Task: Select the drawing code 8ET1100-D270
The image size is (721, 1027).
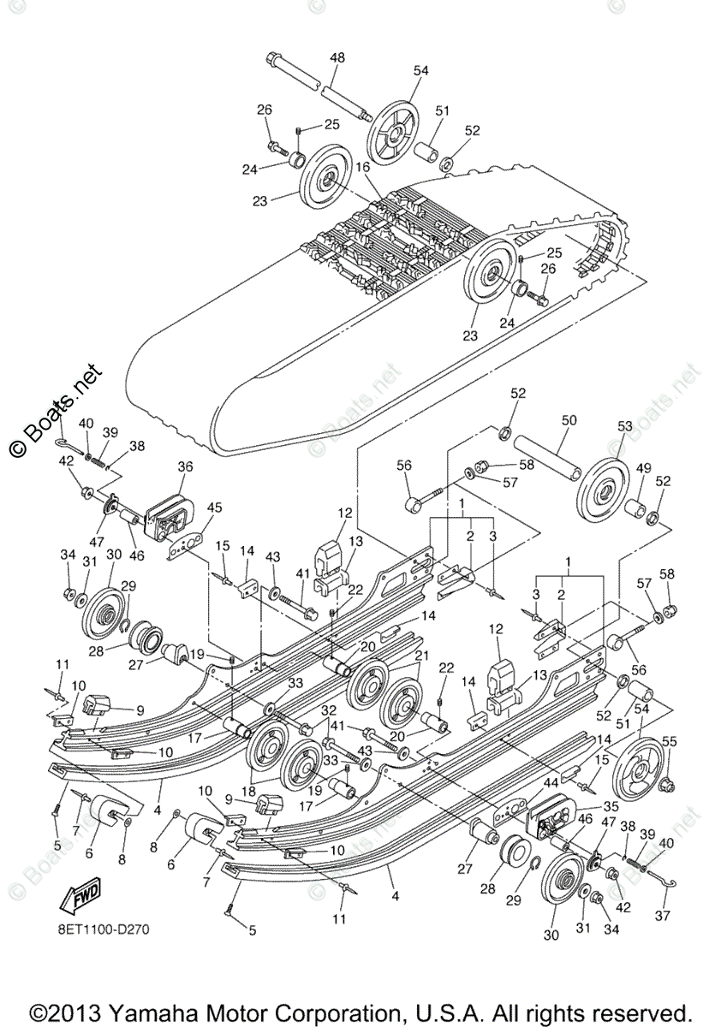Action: [103, 928]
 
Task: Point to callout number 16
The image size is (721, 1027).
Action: [362, 167]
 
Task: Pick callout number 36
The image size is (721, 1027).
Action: [186, 466]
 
